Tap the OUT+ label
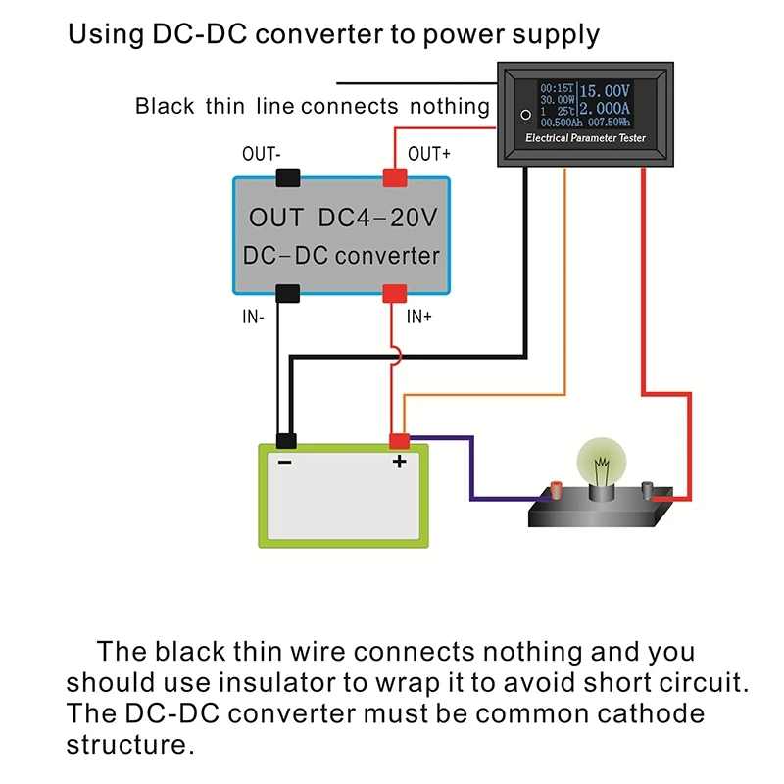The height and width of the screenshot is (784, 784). pos(430,154)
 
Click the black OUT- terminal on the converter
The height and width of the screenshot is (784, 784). pos(287,177)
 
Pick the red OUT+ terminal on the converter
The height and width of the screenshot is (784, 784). pos(395,177)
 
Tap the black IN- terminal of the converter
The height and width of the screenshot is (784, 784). pos(287,292)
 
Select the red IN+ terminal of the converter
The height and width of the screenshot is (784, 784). pos(395,292)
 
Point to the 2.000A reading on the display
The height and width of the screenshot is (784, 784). pos(606,110)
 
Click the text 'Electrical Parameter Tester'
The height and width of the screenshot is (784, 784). pos(586,139)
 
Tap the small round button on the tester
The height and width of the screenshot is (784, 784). pos(525,116)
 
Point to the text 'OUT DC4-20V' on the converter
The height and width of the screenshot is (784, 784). pos(342,218)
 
